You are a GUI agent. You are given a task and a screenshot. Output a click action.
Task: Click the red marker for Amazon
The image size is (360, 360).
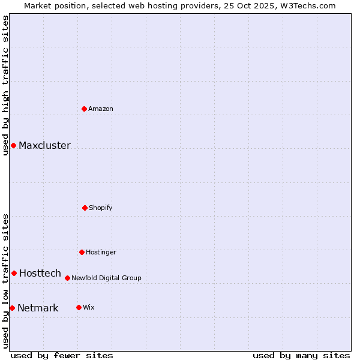pyautogui.click(x=85, y=109)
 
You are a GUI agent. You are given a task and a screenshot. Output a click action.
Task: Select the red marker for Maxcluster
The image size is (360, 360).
pyautogui.click(x=13, y=145)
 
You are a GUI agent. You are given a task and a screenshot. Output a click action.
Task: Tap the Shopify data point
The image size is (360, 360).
pyautogui.click(x=85, y=208)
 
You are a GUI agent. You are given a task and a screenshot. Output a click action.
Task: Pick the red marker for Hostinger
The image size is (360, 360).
pyautogui.click(x=82, y=252)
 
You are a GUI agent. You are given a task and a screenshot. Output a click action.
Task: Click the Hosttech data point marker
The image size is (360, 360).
pyautogui.click(x=14, y=273)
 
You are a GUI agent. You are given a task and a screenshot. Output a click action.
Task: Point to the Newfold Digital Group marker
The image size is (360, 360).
pyautogui.click(x=67, y=278)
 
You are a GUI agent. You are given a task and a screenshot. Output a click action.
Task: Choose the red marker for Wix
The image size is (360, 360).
pyautogui.click(x=79, y=307)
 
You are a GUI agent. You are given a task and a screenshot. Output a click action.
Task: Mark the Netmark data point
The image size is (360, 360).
pyautogui.click(x=12, y=308)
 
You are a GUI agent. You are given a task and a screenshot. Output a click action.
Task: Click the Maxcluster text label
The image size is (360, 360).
pyautogui.click(x=44, y=145)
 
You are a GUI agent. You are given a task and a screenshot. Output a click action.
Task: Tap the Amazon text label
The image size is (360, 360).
pyautogui.click(x=101, y=109)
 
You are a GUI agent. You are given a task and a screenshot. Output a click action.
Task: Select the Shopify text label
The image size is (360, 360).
pyautogui.click(x=101, y=208)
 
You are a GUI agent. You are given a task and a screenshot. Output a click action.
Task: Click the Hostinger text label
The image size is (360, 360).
pyautogui.click(x=101, y=252)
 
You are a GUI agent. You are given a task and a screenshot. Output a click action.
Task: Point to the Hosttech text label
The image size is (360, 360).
pyautogui.click(x=40, y=273)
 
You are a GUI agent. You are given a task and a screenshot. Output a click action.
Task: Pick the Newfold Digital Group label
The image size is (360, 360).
pyautogui.click(x=106, y=278)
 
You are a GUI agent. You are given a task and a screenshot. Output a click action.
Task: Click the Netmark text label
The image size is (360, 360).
pyautogui.click(x=38, y=308)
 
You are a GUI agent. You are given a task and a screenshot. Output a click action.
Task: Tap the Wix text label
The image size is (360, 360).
pyautogui.click(x=89, y=307)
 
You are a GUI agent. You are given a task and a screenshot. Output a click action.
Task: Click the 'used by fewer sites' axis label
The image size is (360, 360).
pyautogui.click(x=62, y=355)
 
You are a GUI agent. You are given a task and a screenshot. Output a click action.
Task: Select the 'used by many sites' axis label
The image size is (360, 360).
pyautogui.click(x=301, y=355)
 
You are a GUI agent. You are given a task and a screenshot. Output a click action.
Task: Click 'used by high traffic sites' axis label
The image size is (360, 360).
pyautogui.click(x=5, y=85)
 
